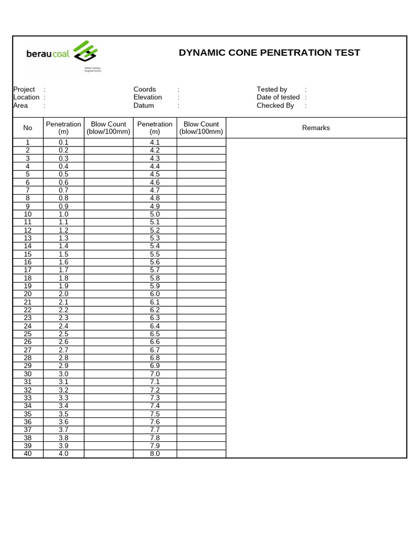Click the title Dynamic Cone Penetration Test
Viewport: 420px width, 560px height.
(x=269, y=52)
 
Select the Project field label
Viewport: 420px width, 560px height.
(x=24, y=89)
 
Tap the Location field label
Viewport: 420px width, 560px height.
(x=26, y=97)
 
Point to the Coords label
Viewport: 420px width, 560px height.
(x=144, y=89)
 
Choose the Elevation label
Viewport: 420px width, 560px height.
(x=148, y=97)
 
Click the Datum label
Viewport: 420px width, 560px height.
(x=143, y=106)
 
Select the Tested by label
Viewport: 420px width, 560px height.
(x=272, y=89)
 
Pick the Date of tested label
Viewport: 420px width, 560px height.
(x=278, y=97)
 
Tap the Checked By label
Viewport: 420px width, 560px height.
(x=275, y=106)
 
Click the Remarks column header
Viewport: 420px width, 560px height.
(x=316, y=128)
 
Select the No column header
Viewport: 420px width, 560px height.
(x=28, y=128)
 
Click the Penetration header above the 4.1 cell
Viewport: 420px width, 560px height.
(x=155, y=128)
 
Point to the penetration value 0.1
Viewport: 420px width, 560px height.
(x=63, y=142)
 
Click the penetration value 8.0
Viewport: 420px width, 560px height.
(x=155, y=454)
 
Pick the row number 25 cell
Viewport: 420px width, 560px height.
(x=28, y=334)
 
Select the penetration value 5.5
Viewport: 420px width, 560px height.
(x=155, y=254)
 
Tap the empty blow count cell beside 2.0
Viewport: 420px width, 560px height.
(x=109, y=294)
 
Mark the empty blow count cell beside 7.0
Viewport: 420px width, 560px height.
(x=201, y=374)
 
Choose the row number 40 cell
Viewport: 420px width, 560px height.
(x=28, y=454)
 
